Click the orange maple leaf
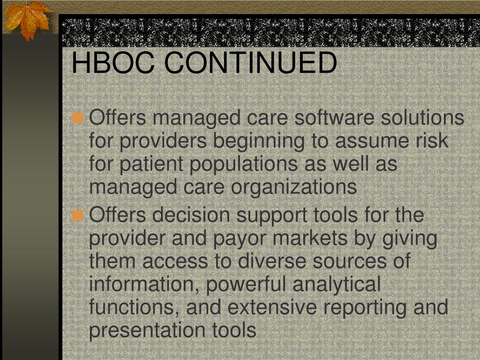pos(27,20)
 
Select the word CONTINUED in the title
pos(250,63)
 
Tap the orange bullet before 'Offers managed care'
pos(78,118)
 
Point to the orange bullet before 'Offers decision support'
pos(78,216)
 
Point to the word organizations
pos(293,187)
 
